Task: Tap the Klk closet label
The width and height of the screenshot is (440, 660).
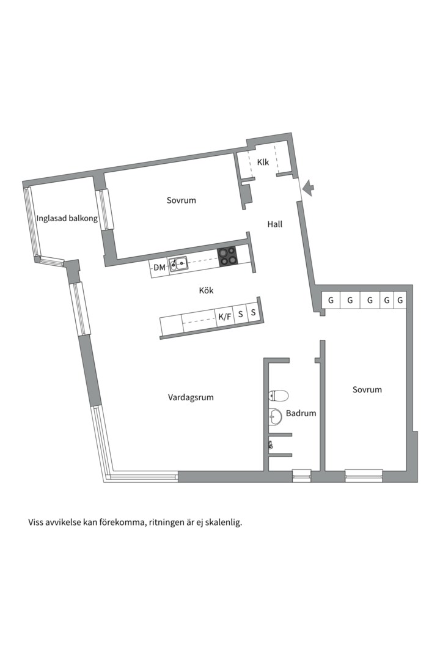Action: (263, 162)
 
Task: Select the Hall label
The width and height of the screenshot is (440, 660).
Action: (274, 224)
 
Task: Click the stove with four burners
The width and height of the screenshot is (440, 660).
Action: (227, 255)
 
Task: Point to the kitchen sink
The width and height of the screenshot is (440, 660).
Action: (178, 264)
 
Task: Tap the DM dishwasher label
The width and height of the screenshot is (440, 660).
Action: (159, 268)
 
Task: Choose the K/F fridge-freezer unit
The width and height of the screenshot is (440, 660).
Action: (225, 317)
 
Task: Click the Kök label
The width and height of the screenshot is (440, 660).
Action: (206, 291)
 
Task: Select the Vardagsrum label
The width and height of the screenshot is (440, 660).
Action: (191, 397)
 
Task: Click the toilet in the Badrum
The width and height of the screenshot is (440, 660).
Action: (278, 395)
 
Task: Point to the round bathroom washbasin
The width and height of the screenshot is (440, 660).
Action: (276, 417)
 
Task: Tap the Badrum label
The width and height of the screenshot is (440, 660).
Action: (301, 413)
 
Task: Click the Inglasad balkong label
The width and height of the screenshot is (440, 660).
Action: (67, 218)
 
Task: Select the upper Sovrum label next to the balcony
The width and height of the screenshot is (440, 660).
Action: (181, 200)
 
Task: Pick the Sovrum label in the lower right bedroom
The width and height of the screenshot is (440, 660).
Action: (367, 389)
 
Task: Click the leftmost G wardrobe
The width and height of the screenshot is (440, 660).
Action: (331, 300)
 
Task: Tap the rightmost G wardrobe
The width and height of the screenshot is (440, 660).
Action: (400, 300)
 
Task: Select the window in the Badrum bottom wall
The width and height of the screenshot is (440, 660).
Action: (301, 475)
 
